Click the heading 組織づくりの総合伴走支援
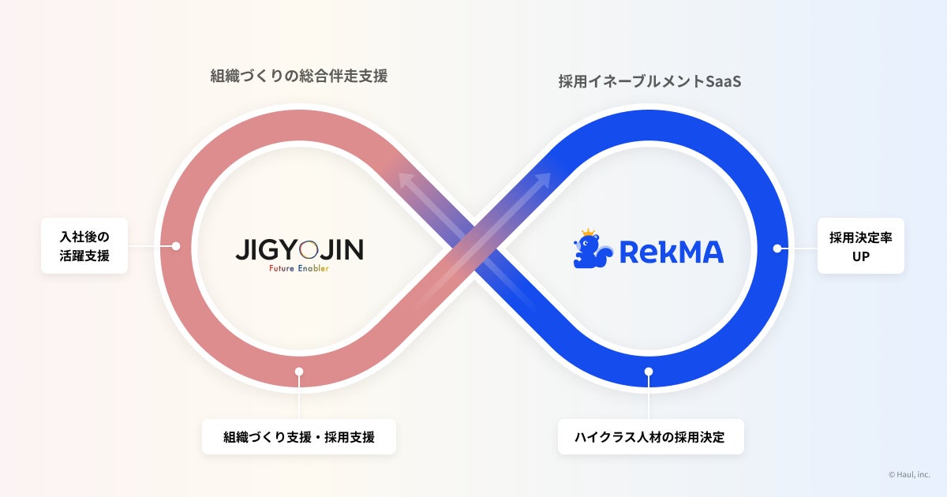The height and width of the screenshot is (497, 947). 299,77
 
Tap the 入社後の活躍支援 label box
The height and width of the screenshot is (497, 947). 84,245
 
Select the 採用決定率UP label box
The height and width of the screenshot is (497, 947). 860,245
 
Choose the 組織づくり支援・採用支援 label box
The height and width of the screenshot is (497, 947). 298,436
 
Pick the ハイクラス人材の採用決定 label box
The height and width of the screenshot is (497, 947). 650,436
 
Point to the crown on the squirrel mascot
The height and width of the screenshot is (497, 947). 587,234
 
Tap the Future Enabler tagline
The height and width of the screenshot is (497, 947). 299,268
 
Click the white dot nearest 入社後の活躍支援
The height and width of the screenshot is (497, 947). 176,246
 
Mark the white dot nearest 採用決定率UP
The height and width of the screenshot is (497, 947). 777,248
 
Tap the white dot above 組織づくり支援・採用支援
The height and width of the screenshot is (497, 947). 298,372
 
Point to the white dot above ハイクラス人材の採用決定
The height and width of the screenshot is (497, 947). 649,372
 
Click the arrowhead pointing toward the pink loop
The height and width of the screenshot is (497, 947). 406,181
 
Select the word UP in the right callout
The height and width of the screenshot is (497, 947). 860,256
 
